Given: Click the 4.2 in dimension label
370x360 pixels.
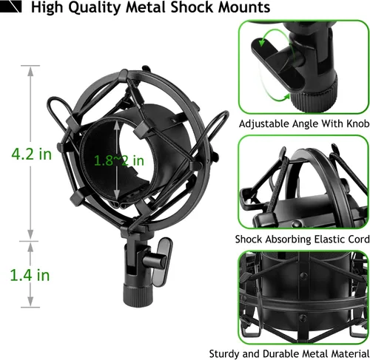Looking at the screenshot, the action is [32, 154].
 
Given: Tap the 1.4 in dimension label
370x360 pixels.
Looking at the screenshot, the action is [30, 275].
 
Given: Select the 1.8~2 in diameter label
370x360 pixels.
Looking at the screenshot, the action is [119, 160].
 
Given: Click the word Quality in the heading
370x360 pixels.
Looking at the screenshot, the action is [94, 7].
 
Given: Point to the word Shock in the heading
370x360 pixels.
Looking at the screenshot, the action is [192, 7].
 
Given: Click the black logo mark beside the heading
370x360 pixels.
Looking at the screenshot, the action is [11, 7].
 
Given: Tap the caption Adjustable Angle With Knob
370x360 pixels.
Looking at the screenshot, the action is [304, 123].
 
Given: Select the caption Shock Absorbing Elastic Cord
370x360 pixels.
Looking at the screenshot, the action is [302, 240].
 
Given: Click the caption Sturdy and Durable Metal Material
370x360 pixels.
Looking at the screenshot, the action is [289, 354].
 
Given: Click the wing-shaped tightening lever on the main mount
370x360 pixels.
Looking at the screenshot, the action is [161, 261].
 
